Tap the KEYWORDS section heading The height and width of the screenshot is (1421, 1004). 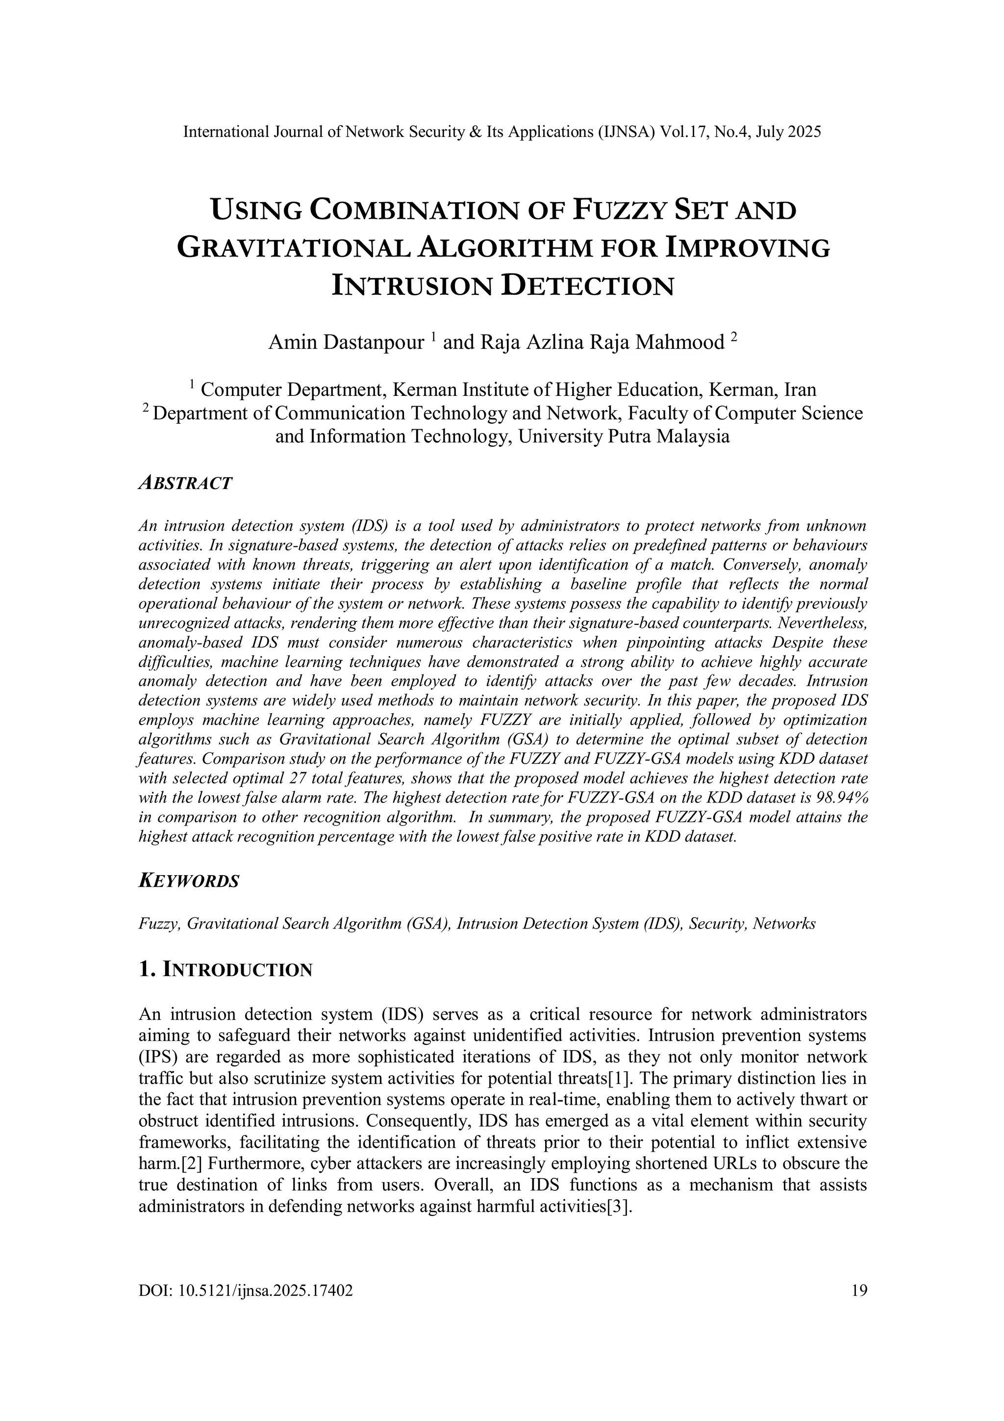click(x=189, y=880)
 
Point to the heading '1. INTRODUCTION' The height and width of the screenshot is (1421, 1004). click(x=226, y=970)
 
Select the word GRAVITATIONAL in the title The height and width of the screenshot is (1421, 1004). click(x=293, y=248)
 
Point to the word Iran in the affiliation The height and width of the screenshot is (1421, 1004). click(x=800, y=390)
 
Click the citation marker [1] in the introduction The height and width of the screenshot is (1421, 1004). click(x=619, y=1079)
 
